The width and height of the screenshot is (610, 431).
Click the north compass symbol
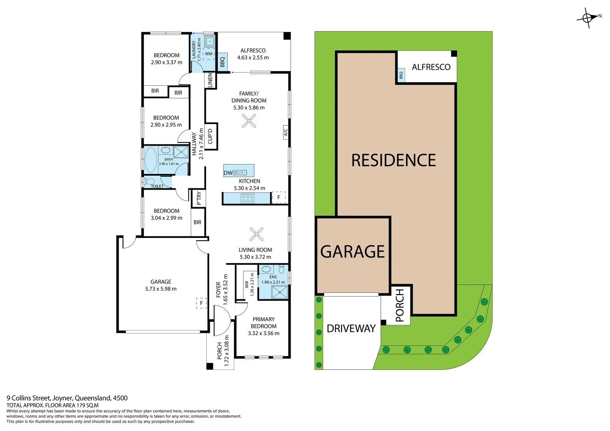tap(588, 18)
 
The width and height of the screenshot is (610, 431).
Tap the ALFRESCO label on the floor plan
tap(253, 51)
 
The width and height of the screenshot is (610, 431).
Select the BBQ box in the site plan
tap(401, 75)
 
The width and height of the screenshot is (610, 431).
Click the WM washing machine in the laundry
tap(209, 54)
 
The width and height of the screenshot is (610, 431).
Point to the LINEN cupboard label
tap(210, 80)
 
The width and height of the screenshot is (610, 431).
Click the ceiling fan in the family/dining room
tap(249, 121)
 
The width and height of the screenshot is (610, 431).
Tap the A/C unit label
tap(286, 132)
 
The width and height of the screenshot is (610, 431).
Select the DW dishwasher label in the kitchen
tap(228, 173)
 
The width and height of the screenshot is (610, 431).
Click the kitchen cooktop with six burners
tap(248, 198)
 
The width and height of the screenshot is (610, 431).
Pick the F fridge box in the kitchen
tap(279, 198)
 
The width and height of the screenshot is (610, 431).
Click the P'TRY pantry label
tap(199, 198)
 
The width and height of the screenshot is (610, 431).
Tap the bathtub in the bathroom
tap(151, 160)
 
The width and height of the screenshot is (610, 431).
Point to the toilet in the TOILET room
tap(150, 182)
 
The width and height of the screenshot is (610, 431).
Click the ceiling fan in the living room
tap(256, 234)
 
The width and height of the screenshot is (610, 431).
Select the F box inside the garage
tap(201, 303)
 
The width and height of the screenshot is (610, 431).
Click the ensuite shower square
tap(280, 293)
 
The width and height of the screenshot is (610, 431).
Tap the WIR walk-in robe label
tap(247, 284)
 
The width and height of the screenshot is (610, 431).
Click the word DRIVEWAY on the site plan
tap(351, 328)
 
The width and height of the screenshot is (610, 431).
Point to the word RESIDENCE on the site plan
tap(394, 160)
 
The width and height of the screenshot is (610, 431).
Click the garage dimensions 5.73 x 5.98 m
tap(161, 289)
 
